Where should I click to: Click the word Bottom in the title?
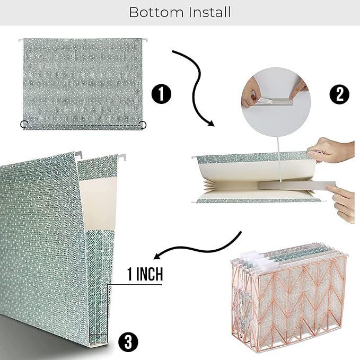(x=156, y=12)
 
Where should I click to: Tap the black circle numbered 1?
(x=161, y=94)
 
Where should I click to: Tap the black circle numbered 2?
(x=339, y=94)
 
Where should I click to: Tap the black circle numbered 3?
(x=128, y=341)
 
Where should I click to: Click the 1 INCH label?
(x=145, y=274)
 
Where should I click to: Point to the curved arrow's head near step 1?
(x=211, y=124)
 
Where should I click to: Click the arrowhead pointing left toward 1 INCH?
(x=157, y=256)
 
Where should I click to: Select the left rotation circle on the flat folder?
(x=24, y=124)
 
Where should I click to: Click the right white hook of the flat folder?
(x=144, y=40)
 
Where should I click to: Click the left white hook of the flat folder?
(x=21, y=40)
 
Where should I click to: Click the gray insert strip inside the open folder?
(x=296, y=185)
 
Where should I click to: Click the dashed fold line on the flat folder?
(x=83, y=125)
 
